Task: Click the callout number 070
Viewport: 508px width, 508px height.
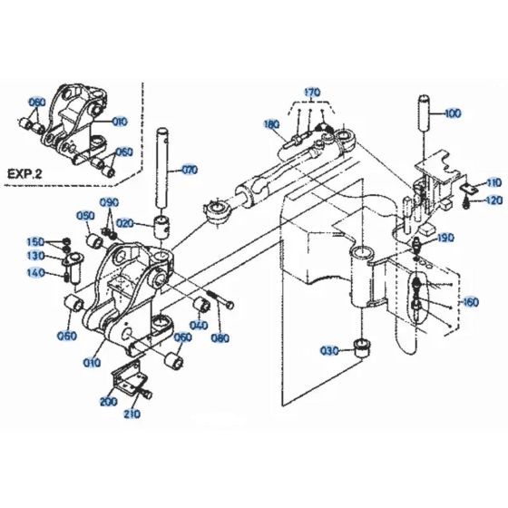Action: coord(189,169)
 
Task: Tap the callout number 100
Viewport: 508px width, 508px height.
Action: coord(452,115)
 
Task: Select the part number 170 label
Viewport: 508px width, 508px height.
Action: coord(312,93)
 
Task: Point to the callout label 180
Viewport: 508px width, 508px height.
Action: coord(270,124)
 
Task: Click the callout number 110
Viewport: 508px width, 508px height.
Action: coord(493,182)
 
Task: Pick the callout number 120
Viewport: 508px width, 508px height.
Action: coord(493,200)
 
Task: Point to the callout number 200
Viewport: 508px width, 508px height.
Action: coord(109,401)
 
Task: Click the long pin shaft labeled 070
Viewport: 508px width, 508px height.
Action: coord(165,172)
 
